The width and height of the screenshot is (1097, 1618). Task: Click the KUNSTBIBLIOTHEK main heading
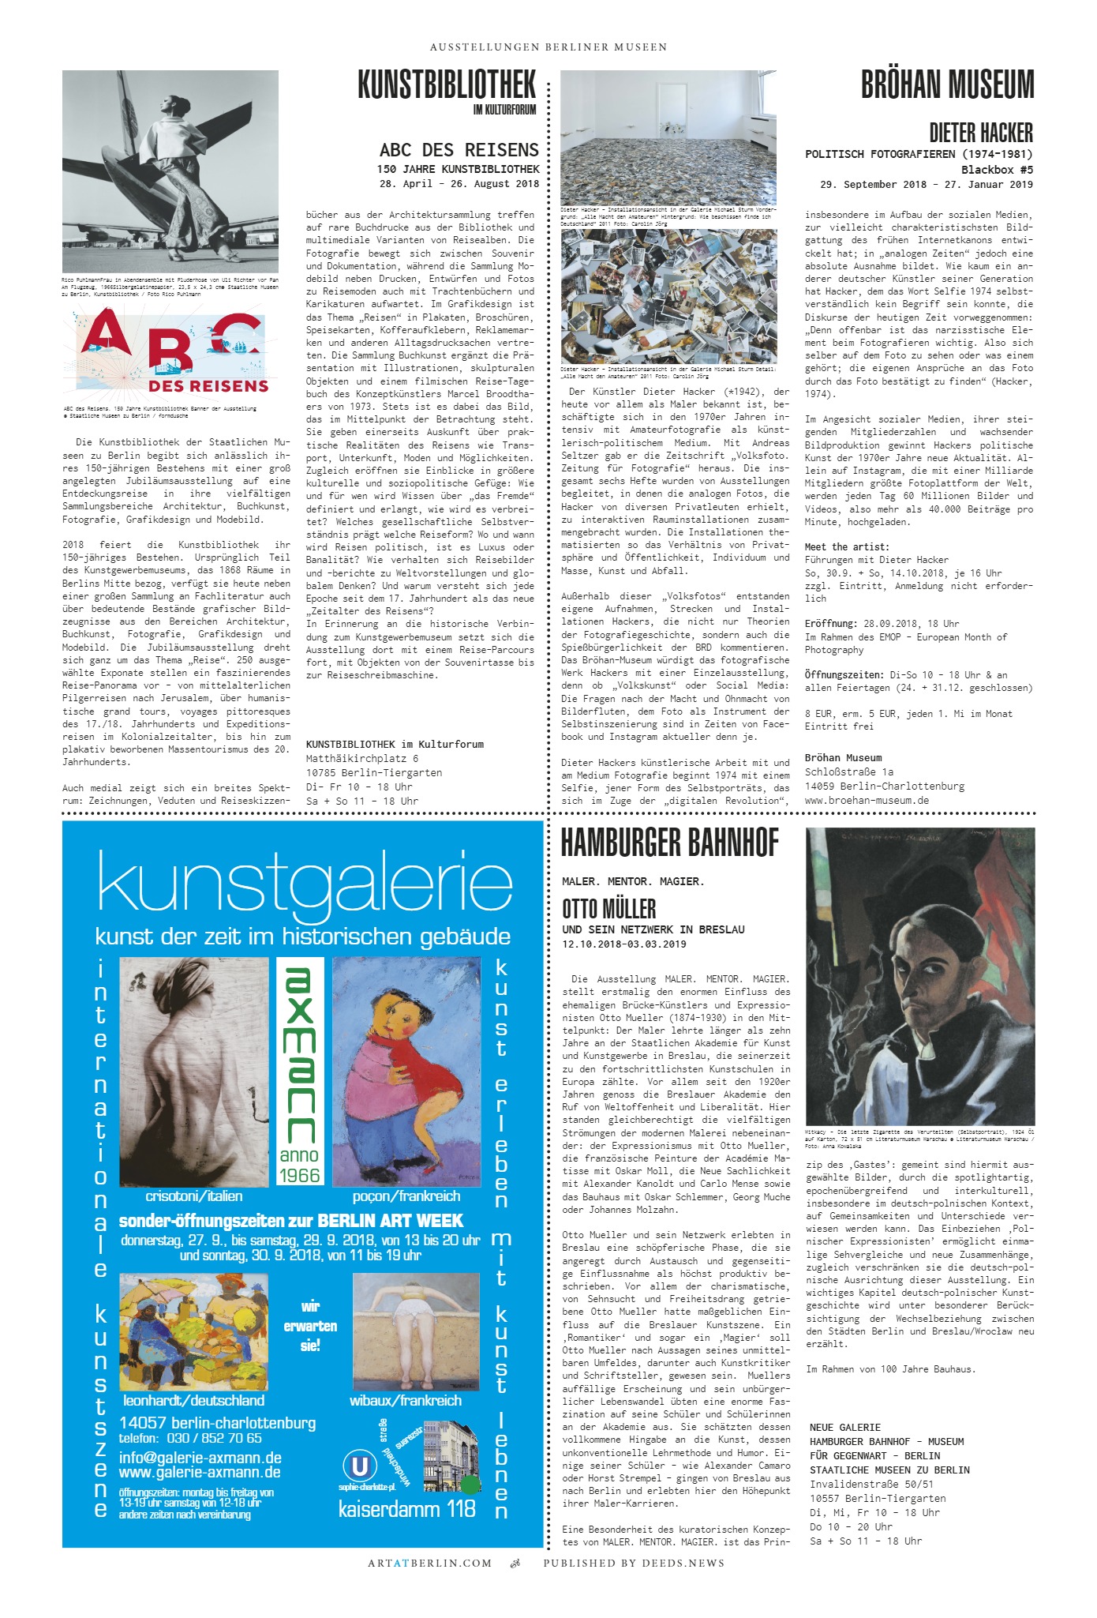447,86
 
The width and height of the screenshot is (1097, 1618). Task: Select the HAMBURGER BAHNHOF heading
669,843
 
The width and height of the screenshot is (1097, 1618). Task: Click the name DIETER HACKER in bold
980,132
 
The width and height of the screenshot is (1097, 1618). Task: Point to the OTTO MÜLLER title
608,908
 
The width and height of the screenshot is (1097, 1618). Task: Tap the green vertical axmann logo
300,1055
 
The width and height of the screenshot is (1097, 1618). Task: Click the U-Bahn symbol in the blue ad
359,1466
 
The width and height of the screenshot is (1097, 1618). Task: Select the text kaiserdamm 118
406,1509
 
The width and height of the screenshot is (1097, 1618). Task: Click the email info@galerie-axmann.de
200,1458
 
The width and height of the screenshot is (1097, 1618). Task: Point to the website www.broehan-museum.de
867,800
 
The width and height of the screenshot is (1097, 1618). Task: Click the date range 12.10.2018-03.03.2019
623,944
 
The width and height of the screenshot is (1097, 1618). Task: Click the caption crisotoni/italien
193,1196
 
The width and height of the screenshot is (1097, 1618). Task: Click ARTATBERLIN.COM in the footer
429,1563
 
